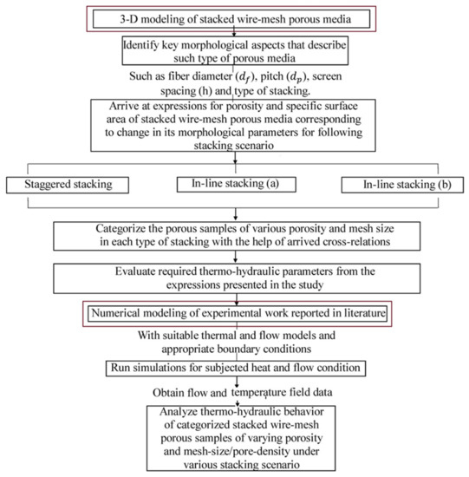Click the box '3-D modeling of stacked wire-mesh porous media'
[231, 19]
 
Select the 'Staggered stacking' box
[68, 185]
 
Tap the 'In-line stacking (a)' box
[237, 185]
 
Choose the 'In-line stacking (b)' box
[403, 185]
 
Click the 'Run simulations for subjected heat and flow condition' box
[236, 368]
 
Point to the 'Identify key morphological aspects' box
[235, 50]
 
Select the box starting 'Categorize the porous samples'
[237, 236]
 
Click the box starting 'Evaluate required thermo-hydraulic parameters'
[237, 278]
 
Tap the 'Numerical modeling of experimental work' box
[238, 314]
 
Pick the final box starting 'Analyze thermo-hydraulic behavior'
[241, 438]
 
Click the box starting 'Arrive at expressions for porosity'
[233, 126]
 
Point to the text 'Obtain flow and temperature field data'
[243, 392]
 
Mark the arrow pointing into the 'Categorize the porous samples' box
[236, 214]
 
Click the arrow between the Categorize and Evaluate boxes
[236, 257]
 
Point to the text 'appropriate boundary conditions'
[237, 349]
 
